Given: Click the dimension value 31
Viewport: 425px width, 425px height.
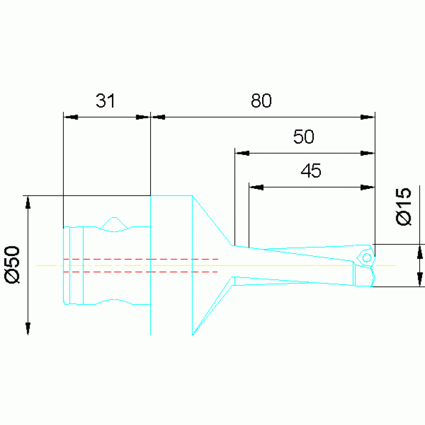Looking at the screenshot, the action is pyautogui.click(x=105, y=100).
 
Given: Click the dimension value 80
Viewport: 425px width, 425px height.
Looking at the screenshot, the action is pyautogui.click(x=261, y=100).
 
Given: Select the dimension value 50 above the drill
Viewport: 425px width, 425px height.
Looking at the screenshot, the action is pyautogui.click(x=304, y=137).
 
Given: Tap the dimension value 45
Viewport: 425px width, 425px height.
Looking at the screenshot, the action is pyautogui.click(x=311, y=171).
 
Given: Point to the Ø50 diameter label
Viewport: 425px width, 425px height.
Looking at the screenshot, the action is pyautogui.click(x=13, y=265).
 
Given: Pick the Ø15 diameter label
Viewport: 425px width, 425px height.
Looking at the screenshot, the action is pyautogui.click(x=403, y=206).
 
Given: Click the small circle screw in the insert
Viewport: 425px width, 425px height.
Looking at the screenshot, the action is pyautogui.click(x=367, y=258).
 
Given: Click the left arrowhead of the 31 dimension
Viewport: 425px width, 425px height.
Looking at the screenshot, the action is pyautogui.click(x=70, y=117).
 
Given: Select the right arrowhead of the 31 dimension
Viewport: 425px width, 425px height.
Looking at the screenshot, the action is pyautogui.click(x=143, y=117).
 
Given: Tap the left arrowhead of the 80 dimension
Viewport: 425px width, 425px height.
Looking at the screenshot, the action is pyautogui.click(x=158, y=117).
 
